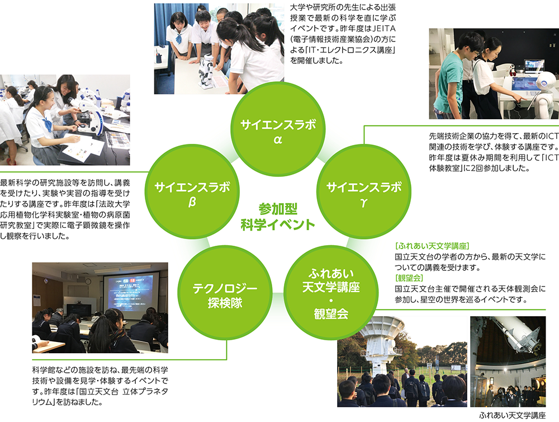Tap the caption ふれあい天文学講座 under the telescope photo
pos(511,415)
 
